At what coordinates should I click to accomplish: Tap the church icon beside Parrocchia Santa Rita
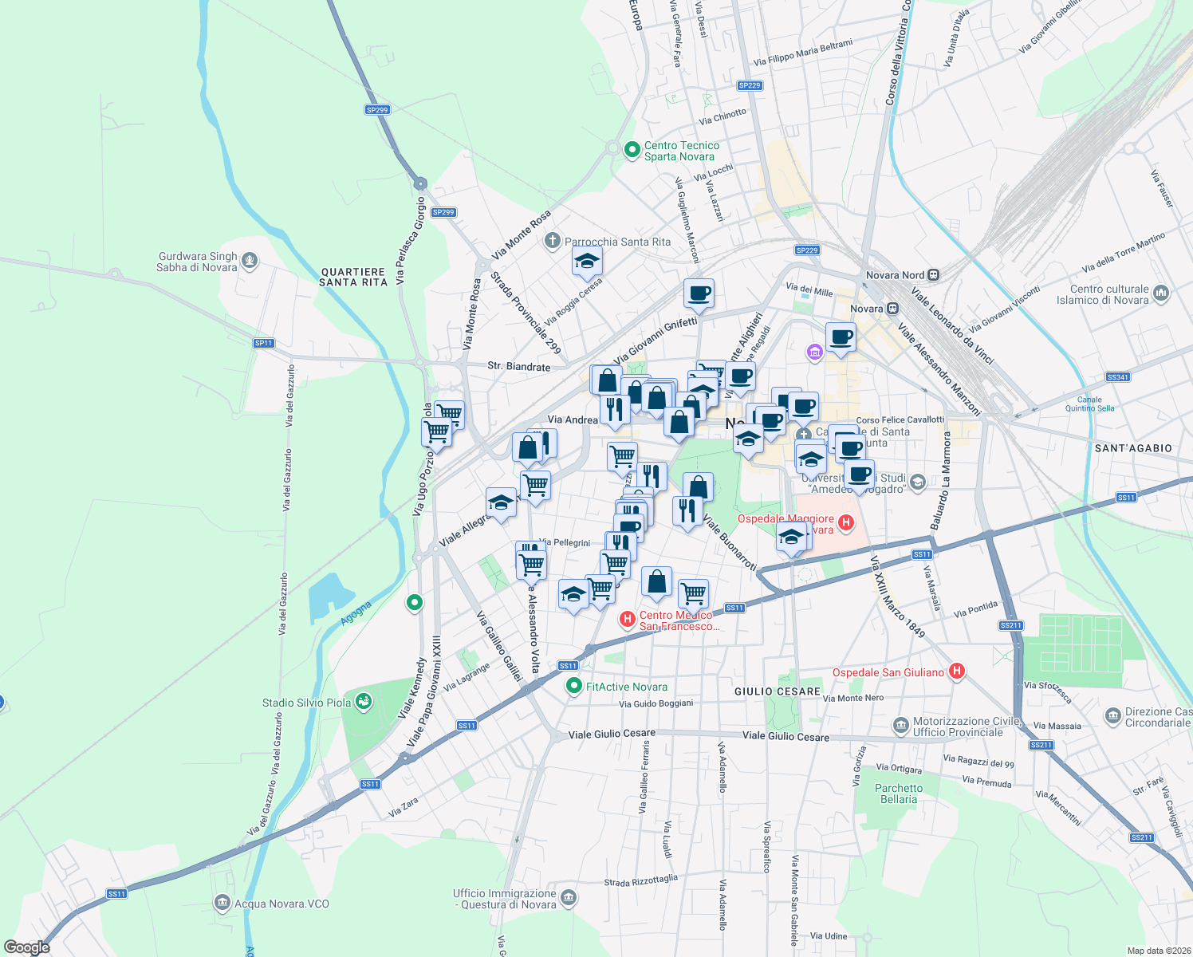(x=552, y=241)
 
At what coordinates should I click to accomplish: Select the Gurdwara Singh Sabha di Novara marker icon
(x=250, y=261)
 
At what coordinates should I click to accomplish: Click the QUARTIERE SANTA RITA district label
(x=353, y=277)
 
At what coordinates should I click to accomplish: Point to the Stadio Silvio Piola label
(x=306, y=703)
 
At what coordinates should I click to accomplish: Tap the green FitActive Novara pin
(x=573, y=686)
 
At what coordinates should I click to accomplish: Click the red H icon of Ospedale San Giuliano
(x=957, y=671)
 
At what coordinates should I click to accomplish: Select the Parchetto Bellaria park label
(x=899, y=794)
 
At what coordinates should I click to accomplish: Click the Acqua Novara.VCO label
(x=282, y=904)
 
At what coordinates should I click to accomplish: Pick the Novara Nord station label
(x=895, y=275)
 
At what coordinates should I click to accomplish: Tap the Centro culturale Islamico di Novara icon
(x=1160, y=293)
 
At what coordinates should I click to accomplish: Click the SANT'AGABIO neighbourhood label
(x=1133, y=448)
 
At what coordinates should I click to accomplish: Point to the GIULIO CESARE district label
(x=777, y=691)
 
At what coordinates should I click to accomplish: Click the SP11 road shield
(x=263, y=343)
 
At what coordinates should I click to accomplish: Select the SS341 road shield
(x=1118, y=376)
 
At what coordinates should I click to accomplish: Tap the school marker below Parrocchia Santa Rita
(x=587, y=262)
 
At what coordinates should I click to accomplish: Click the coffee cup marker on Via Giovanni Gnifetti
(x=699, y=293)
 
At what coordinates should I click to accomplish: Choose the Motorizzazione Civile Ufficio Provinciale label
(x=958, y=727)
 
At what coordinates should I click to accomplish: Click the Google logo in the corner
(x=27, y=947)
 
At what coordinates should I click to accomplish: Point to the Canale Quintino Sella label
(x=1089, y=404)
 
